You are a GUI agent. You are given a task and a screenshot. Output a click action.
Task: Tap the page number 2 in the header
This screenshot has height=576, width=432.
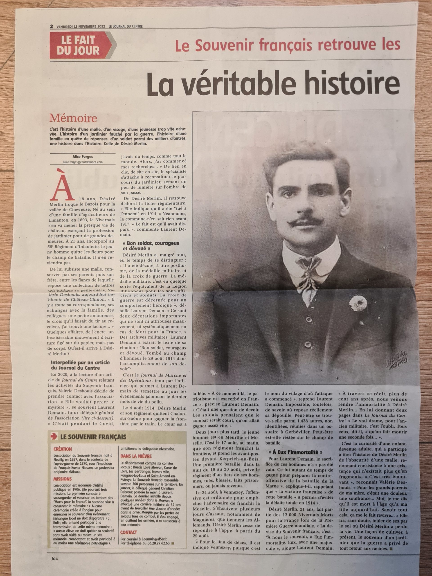(52, 26)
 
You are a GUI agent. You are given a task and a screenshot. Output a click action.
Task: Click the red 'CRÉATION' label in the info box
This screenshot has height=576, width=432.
(63, 449)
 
